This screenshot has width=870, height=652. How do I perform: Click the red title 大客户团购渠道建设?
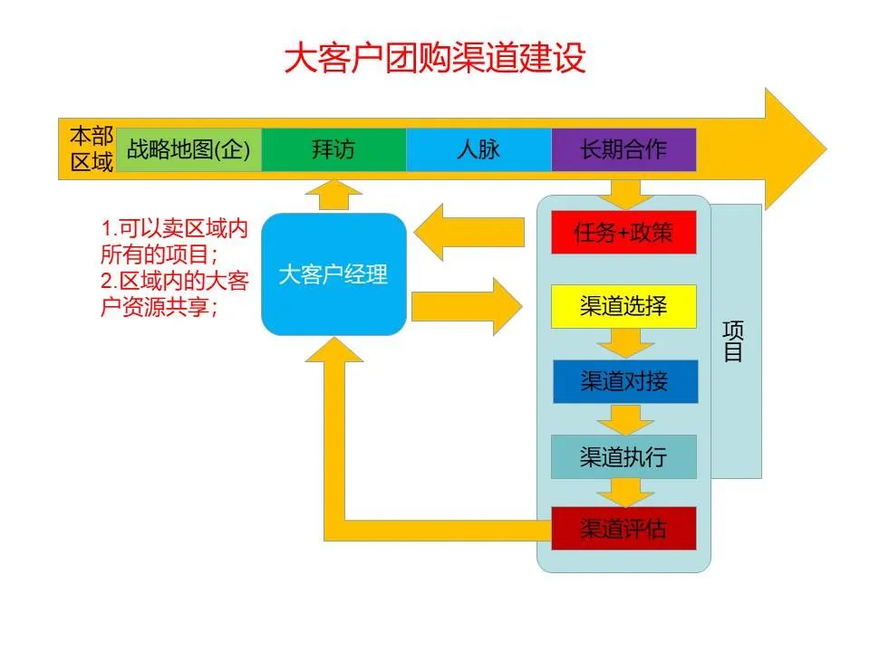click(x=435, y=58)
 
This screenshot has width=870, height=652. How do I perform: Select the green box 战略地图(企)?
click(x=188, y=149)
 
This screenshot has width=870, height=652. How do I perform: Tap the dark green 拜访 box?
click(x=334, y=149)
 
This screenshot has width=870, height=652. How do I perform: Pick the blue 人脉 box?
click(x=478, y=149)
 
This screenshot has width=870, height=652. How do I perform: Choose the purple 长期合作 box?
click(x=623, y=149)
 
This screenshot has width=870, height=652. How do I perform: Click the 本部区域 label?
click(x=92, y=149)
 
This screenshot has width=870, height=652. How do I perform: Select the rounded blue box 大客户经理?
click(x=334, y=274)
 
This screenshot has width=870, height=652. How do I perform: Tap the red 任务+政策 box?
click(x=623, y=233)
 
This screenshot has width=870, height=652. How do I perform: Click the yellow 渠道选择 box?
click(x=623, y=306)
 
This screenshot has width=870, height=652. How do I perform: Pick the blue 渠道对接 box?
click(x=625, y=381)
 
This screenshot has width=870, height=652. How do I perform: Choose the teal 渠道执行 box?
click(x=623, y=456)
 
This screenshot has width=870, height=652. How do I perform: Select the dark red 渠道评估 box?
click(x=623, y=528)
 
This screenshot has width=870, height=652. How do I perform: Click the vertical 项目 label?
click(x=733, y=341)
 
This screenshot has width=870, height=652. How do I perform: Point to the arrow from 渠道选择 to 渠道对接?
click(x=625, y=344)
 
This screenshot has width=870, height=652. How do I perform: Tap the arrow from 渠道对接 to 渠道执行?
click(x=625, y=419)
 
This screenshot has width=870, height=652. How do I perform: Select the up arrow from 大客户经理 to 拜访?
click(x=334, y=195)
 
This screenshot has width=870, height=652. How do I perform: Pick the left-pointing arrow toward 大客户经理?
click(x=469, y=233)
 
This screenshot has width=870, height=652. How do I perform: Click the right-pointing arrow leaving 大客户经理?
click(x=467, y=307)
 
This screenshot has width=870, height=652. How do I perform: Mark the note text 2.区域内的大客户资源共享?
click(x=175, y=293)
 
